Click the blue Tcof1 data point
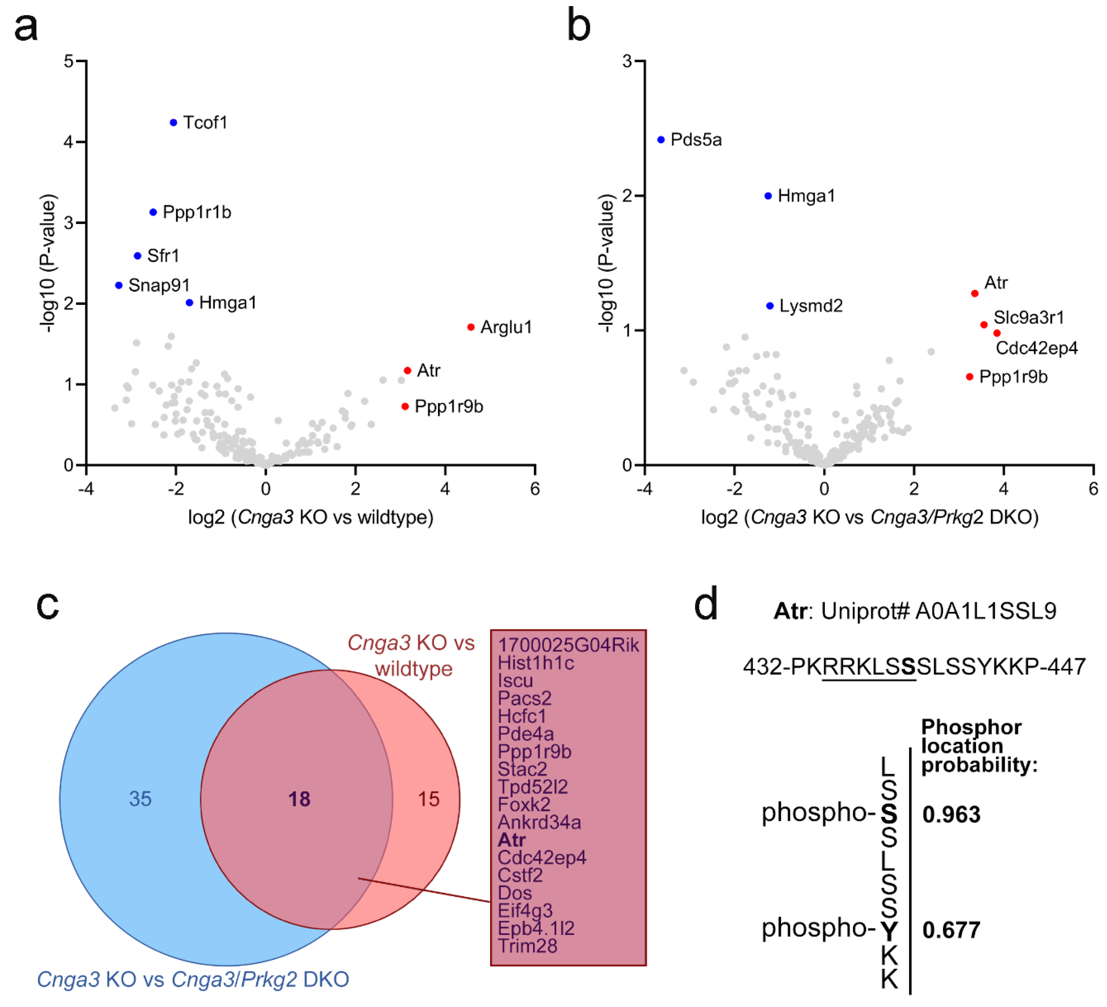coord(173,123)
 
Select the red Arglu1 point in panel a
coord(471,327)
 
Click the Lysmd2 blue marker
coord(770,306)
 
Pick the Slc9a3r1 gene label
coord(1029,318)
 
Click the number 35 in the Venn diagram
coord(140,799)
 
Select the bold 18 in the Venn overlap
coord(299,799)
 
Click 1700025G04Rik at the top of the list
coord(568,645)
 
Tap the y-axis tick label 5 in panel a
coord(69,61)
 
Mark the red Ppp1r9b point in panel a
coord(405,406)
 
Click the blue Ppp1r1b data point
coord(153,212)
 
